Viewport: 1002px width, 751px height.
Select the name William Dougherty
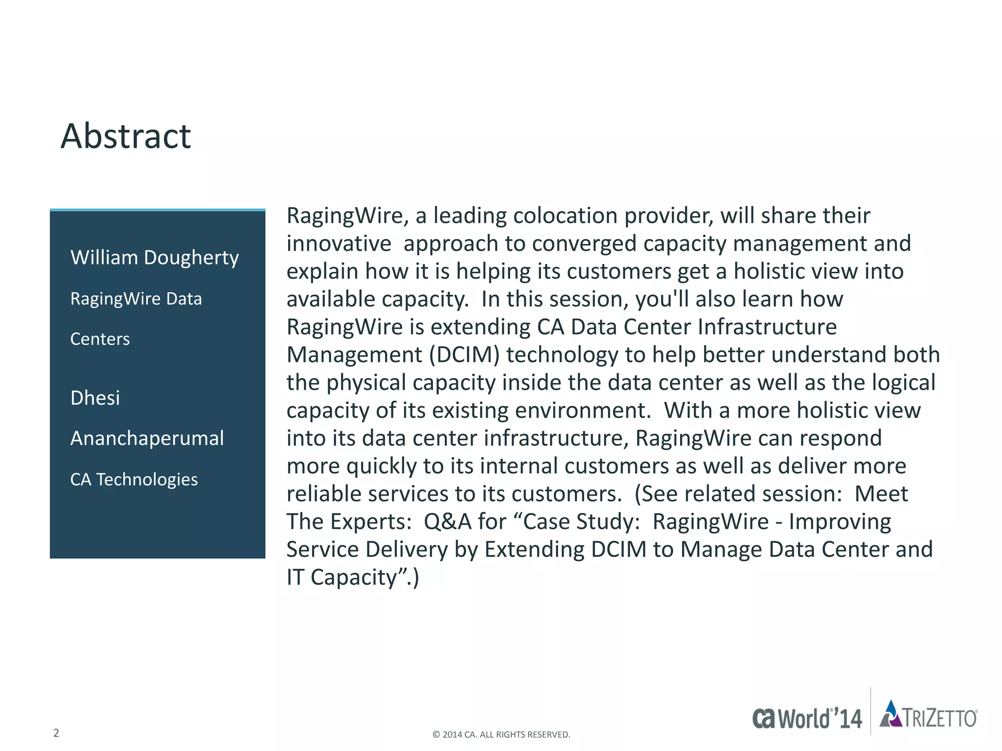pos(155,258)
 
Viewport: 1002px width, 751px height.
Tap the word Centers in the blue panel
pos(100,339)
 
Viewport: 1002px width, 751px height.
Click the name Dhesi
pos(95,398)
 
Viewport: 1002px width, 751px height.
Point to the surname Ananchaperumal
pos(147,439)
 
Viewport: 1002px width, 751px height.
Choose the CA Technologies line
pos(134,480)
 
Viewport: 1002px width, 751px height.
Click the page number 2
pos(56,733)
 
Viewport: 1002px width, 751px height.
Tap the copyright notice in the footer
pos(501,734)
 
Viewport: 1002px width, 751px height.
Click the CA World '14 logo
pos(807,718)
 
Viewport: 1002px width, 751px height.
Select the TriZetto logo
pos(928,714)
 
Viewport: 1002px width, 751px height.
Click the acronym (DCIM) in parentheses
pos(464,355)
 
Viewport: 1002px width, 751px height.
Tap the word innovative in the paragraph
pos(339,243)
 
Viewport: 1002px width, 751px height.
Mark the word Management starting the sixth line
pos(354,355)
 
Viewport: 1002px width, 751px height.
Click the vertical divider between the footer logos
pos(871,711)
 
